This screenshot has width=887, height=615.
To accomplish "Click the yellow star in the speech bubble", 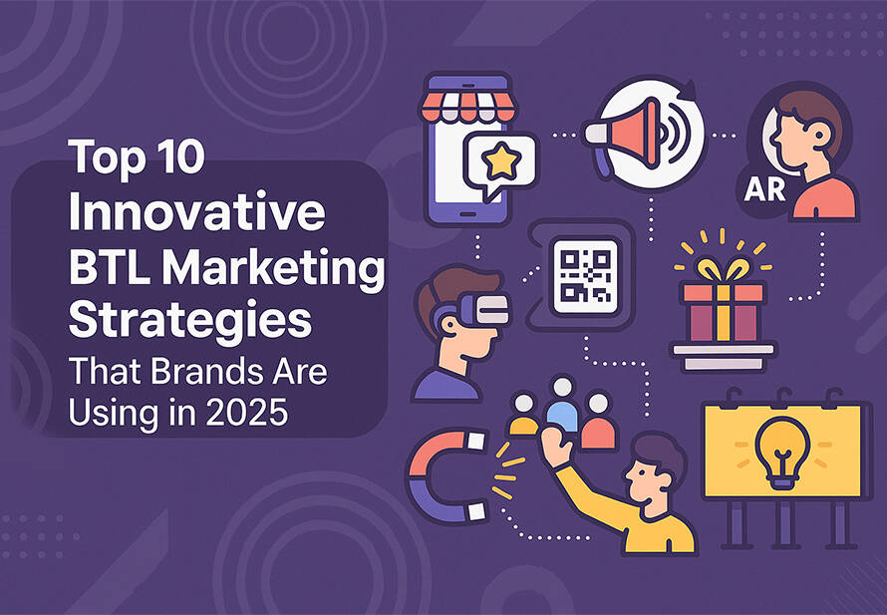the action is (x=501, y=161).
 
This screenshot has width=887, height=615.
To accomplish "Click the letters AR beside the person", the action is (x=764, y=190).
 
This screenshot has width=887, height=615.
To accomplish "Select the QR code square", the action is (x=585, y=276).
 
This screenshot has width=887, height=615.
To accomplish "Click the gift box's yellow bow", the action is (x=723, y=269).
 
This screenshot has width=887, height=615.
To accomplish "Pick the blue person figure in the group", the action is (x=562, y=407).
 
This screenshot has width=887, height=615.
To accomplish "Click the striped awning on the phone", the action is (x=467, y=107).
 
